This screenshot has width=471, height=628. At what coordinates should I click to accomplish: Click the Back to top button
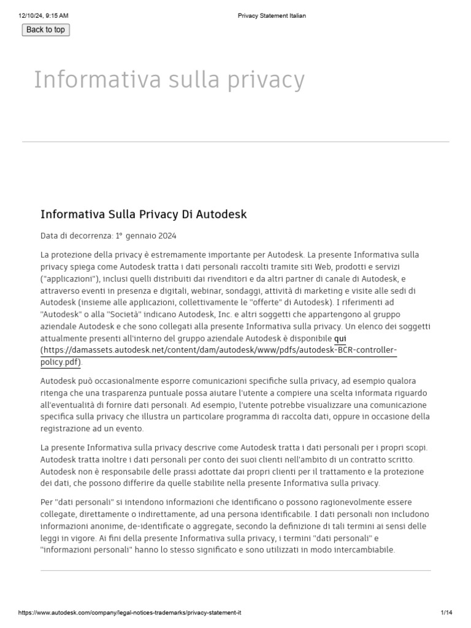[45, 29]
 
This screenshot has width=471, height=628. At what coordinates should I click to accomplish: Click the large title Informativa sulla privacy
[169, 80]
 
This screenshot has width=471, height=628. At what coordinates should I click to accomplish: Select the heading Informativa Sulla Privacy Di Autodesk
[144, 214]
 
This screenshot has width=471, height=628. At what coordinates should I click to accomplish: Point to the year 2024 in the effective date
[166, 235]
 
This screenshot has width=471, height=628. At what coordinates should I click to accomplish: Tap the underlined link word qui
[340, 339]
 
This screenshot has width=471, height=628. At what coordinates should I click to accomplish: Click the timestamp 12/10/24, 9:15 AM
[44, 16]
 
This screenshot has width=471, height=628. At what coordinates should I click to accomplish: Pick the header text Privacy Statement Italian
[272, 16]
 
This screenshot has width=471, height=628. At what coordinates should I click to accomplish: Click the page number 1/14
[446, 613]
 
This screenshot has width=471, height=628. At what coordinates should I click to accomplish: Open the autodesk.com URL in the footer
[134, 613]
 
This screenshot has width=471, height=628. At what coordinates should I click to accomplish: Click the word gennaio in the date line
[142, 235]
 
